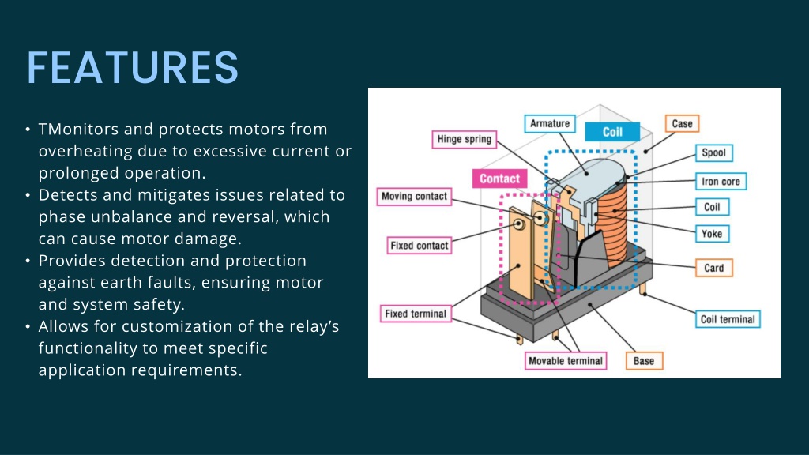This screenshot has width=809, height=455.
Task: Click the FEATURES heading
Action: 133,68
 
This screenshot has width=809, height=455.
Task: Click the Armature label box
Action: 550,124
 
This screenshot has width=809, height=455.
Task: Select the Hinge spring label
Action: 465,139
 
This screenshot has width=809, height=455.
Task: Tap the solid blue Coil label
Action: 612,132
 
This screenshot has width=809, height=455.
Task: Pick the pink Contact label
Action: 499,179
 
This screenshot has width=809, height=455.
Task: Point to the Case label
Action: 682,124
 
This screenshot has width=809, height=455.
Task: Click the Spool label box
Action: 714,152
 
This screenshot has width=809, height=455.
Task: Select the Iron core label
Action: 721,182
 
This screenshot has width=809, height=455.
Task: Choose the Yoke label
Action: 712,234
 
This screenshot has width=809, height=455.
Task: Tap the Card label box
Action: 714,269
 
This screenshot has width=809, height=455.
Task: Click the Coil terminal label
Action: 728,319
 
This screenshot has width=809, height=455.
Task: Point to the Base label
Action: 644,361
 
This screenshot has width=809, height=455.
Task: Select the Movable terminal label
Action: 566,361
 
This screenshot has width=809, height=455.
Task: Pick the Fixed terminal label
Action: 416,314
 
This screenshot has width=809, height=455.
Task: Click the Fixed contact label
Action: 420,246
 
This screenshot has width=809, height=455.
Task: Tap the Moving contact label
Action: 414,197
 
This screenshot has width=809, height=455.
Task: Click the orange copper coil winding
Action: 613,222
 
